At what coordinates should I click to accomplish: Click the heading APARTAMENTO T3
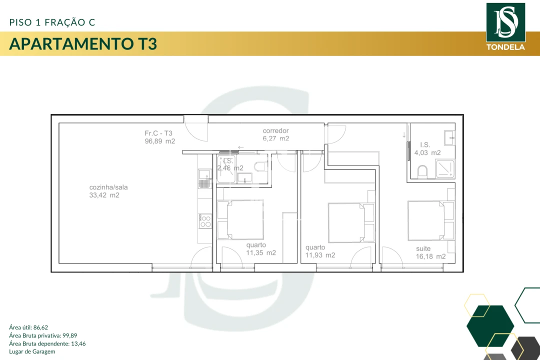pos(83,44)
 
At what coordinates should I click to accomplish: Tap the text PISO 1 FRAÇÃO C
pos(52,22)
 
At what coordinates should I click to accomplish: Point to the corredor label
pos(275,131)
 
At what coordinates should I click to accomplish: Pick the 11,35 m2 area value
pos(260,253)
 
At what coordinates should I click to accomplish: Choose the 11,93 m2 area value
pos(320,255)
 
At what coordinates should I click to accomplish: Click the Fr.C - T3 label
pos(158,133)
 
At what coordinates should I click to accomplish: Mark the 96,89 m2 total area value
pos(160,141)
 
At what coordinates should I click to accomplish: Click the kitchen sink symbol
pos(204,178)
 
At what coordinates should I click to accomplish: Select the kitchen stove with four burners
pos(205,221)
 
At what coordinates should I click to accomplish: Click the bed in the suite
pos(425,220)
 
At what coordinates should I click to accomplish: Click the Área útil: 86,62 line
pos(28,327)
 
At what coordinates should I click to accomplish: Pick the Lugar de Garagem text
pos(32,351)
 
